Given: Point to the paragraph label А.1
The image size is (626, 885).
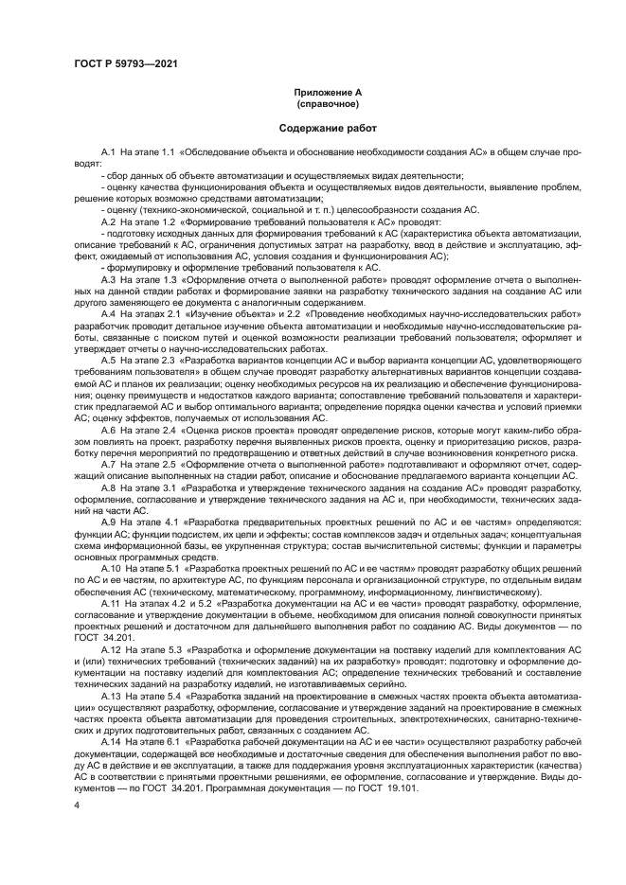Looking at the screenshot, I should coord(109,152).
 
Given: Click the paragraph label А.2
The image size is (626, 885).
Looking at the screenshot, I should coord(109,221).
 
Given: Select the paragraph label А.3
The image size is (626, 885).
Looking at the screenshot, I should coord(109,279).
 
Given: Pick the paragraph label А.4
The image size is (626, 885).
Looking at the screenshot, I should coord(109,313).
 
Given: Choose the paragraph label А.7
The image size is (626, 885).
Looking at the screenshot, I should coord(109,464).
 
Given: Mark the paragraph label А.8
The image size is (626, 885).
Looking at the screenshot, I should coord(109,487).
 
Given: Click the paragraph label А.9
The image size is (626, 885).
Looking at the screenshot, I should coord(109,522).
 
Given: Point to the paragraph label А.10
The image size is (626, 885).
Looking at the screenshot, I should coord(111,568).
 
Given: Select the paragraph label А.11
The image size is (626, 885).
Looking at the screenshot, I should coord(111,602).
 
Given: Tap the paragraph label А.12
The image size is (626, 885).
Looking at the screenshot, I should coord(111,648).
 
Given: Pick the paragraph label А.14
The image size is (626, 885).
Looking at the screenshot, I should coord(111,741).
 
